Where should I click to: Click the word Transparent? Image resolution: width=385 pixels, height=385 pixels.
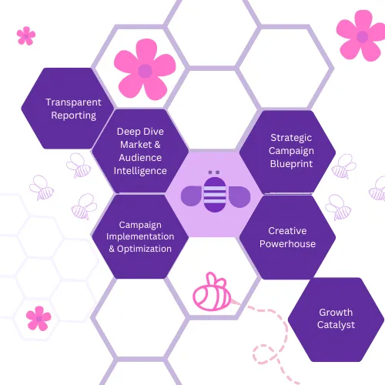73,102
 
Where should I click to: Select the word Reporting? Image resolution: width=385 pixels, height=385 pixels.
74,115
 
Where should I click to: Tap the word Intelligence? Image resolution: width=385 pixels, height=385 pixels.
140,171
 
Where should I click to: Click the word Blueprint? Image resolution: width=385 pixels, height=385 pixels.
291,164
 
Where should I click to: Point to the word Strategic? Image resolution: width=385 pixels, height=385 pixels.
291,138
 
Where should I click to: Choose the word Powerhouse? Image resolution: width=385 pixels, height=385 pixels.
287,244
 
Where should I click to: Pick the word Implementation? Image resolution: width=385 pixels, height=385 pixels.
140,236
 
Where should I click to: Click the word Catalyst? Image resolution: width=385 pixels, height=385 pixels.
336,325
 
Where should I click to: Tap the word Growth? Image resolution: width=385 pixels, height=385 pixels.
336,313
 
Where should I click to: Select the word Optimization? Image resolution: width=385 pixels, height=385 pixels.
144,249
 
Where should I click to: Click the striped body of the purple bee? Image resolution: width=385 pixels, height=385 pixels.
215,195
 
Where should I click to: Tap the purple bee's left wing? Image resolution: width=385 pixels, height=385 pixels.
192,196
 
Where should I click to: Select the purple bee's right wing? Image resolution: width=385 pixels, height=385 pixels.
239,196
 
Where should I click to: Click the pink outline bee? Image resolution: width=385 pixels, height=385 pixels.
213,292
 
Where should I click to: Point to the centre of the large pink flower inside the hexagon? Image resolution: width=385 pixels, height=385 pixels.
145,71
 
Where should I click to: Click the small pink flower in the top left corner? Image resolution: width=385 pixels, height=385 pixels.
26,36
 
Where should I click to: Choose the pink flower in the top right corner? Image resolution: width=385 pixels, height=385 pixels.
362,36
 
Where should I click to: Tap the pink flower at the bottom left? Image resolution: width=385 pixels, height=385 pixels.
38,319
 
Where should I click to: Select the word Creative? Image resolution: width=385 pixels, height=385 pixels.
287,231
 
